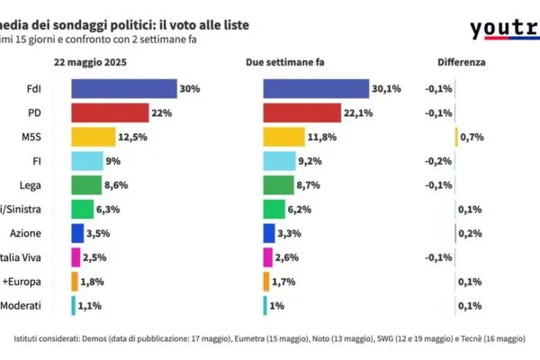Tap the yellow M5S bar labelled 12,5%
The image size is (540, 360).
93,137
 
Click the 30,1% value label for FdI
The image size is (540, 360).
387,89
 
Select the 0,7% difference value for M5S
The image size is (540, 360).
473,137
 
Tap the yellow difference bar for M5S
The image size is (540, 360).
457,137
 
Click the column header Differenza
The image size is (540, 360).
462,63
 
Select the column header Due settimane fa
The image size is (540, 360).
281,63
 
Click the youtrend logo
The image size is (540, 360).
504,30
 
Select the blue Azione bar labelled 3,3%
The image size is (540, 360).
269,233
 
